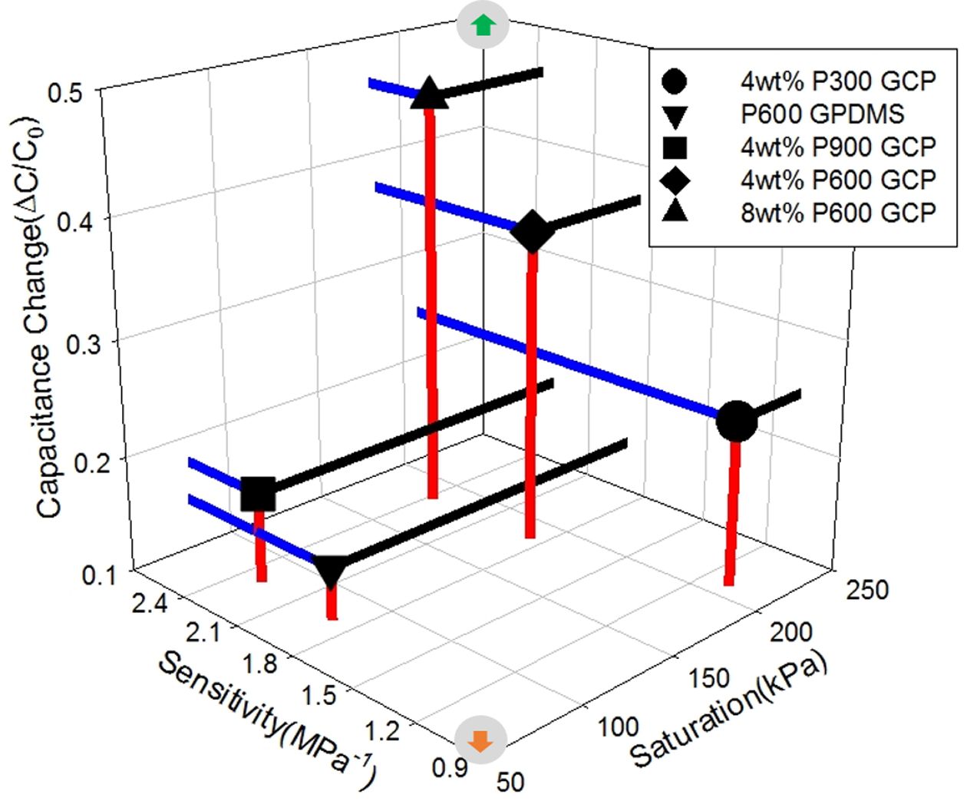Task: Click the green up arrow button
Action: pos(482,25)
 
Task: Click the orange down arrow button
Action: pos(481,740)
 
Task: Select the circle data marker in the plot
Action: pos(736,421)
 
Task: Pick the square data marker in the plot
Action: pos(258,494)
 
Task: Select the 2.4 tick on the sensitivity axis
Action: pos(149,604)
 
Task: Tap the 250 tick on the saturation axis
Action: pos(866,590)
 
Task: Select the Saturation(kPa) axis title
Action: pos(729,710)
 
